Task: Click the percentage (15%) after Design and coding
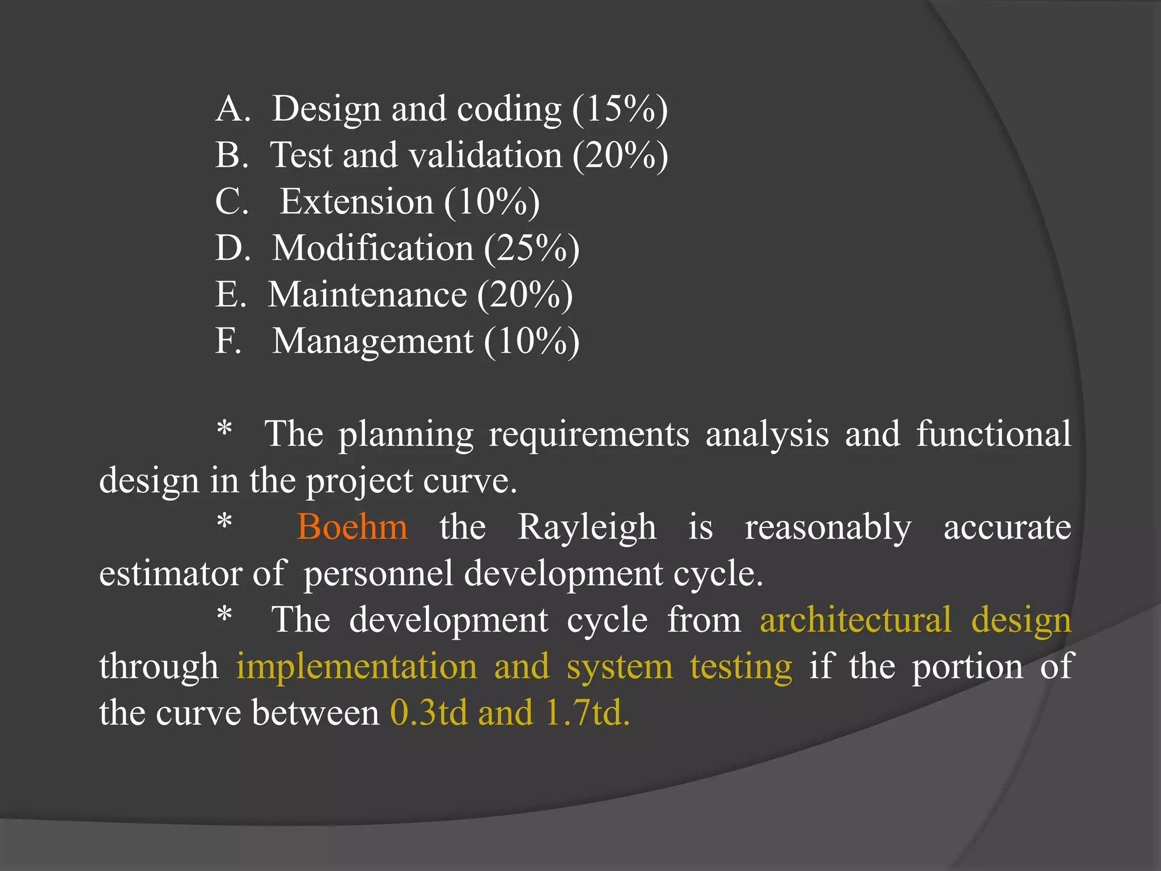click(620, 109)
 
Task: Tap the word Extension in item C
click(357, 202)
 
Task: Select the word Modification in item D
click(372, 248)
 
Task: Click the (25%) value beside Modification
click(532, 248)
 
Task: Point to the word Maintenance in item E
click(367, 295)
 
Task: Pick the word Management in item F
click(372, 341)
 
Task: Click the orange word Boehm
click(352, 527)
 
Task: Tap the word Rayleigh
click(587, 528)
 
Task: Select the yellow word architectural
click(855, 620)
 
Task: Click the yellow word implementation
click(357, 667)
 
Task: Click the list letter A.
click(232, 109)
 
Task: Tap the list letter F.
click(228, 341)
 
